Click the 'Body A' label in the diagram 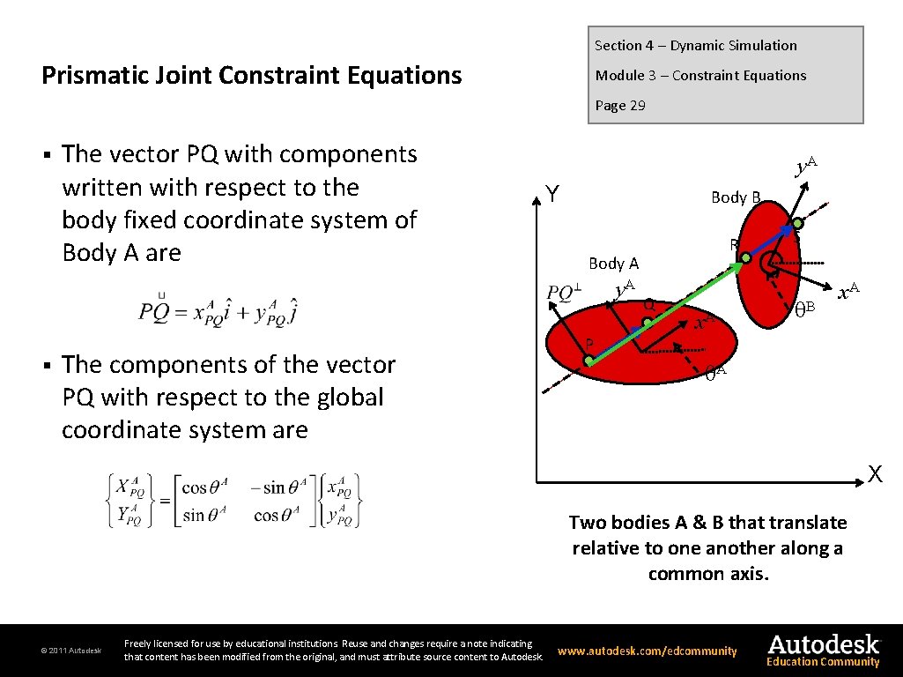(x=613, y=263)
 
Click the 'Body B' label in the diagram (x=736, y=197)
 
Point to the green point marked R (x=745, y=258)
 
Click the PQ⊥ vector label (x=565, y=291)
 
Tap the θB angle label (x=805, y=309)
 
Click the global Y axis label (x=551, y=193)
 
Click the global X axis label (x=874, y=474)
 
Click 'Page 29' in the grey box (x=619, y=106)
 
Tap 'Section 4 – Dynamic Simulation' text (x=695, y=46)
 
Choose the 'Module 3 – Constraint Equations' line (x=700, y=76)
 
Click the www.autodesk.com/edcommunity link (x=647, y=651)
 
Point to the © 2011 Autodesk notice (x=71, y=651)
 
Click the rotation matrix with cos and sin (x=235, y=501)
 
